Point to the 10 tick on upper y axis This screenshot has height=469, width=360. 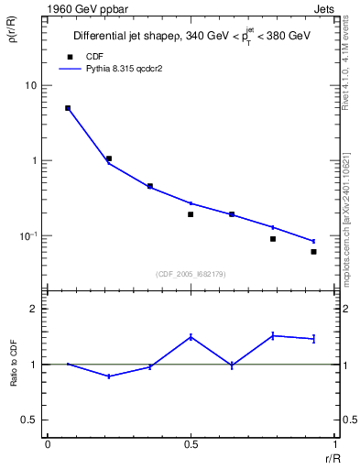(x=30, y=85)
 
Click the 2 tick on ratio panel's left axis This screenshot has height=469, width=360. (x=34, y=309)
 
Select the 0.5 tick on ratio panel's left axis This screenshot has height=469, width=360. (x=30, y=420)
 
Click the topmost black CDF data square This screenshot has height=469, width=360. (x=68, y=108)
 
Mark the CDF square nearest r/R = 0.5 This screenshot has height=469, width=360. (x=191, y=214)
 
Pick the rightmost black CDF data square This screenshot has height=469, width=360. (x=313, y=252)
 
